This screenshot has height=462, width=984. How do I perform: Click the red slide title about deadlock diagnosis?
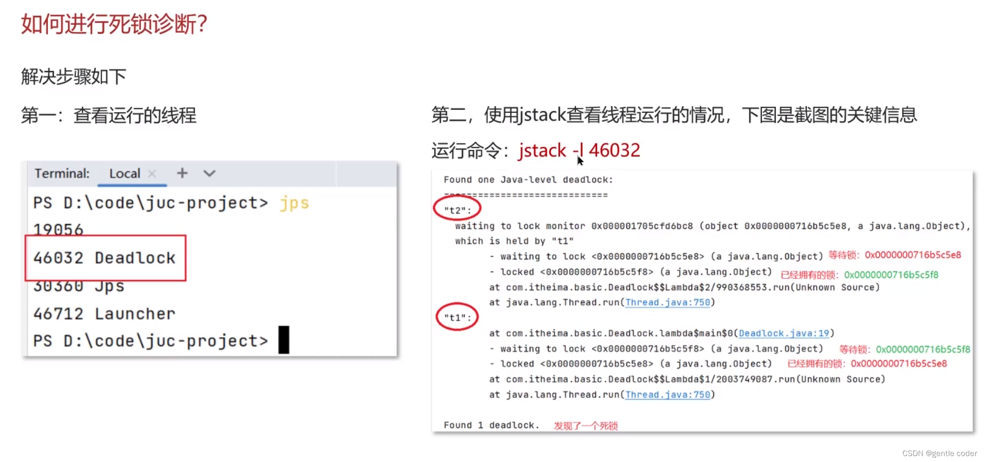pos(114,24)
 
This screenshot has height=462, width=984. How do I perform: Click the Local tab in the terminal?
pos(124,174)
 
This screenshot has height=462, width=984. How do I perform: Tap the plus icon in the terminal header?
pos(182,173)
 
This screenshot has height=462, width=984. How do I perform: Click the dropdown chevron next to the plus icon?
pos(209,174)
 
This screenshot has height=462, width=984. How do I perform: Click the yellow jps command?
pos(294,203)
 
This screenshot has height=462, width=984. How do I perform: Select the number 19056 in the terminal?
pos(58,229)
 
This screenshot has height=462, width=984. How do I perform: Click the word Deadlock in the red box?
pos(135,258)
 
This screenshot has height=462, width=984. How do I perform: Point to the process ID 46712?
pos(58,313)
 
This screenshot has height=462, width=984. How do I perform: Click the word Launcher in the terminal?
pos(135,313)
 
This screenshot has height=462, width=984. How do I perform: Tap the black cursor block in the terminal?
pos(284,340)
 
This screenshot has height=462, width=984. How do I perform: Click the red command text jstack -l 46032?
pos(579,150)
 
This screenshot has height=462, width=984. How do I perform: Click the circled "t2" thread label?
pos(457,210)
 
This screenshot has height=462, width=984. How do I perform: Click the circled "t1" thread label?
pos(457,317)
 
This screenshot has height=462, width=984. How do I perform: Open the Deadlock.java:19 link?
pos(784,333)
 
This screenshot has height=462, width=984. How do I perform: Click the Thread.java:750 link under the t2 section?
pos(667,303)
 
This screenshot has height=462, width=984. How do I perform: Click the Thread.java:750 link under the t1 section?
pos(667,395)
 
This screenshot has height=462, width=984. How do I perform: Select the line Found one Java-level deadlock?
pos(528,180)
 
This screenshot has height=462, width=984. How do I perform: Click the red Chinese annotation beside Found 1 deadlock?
pos(586,426)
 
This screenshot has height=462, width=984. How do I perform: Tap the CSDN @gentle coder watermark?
pos(939,453)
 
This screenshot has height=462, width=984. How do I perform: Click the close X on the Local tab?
pos(152,174)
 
